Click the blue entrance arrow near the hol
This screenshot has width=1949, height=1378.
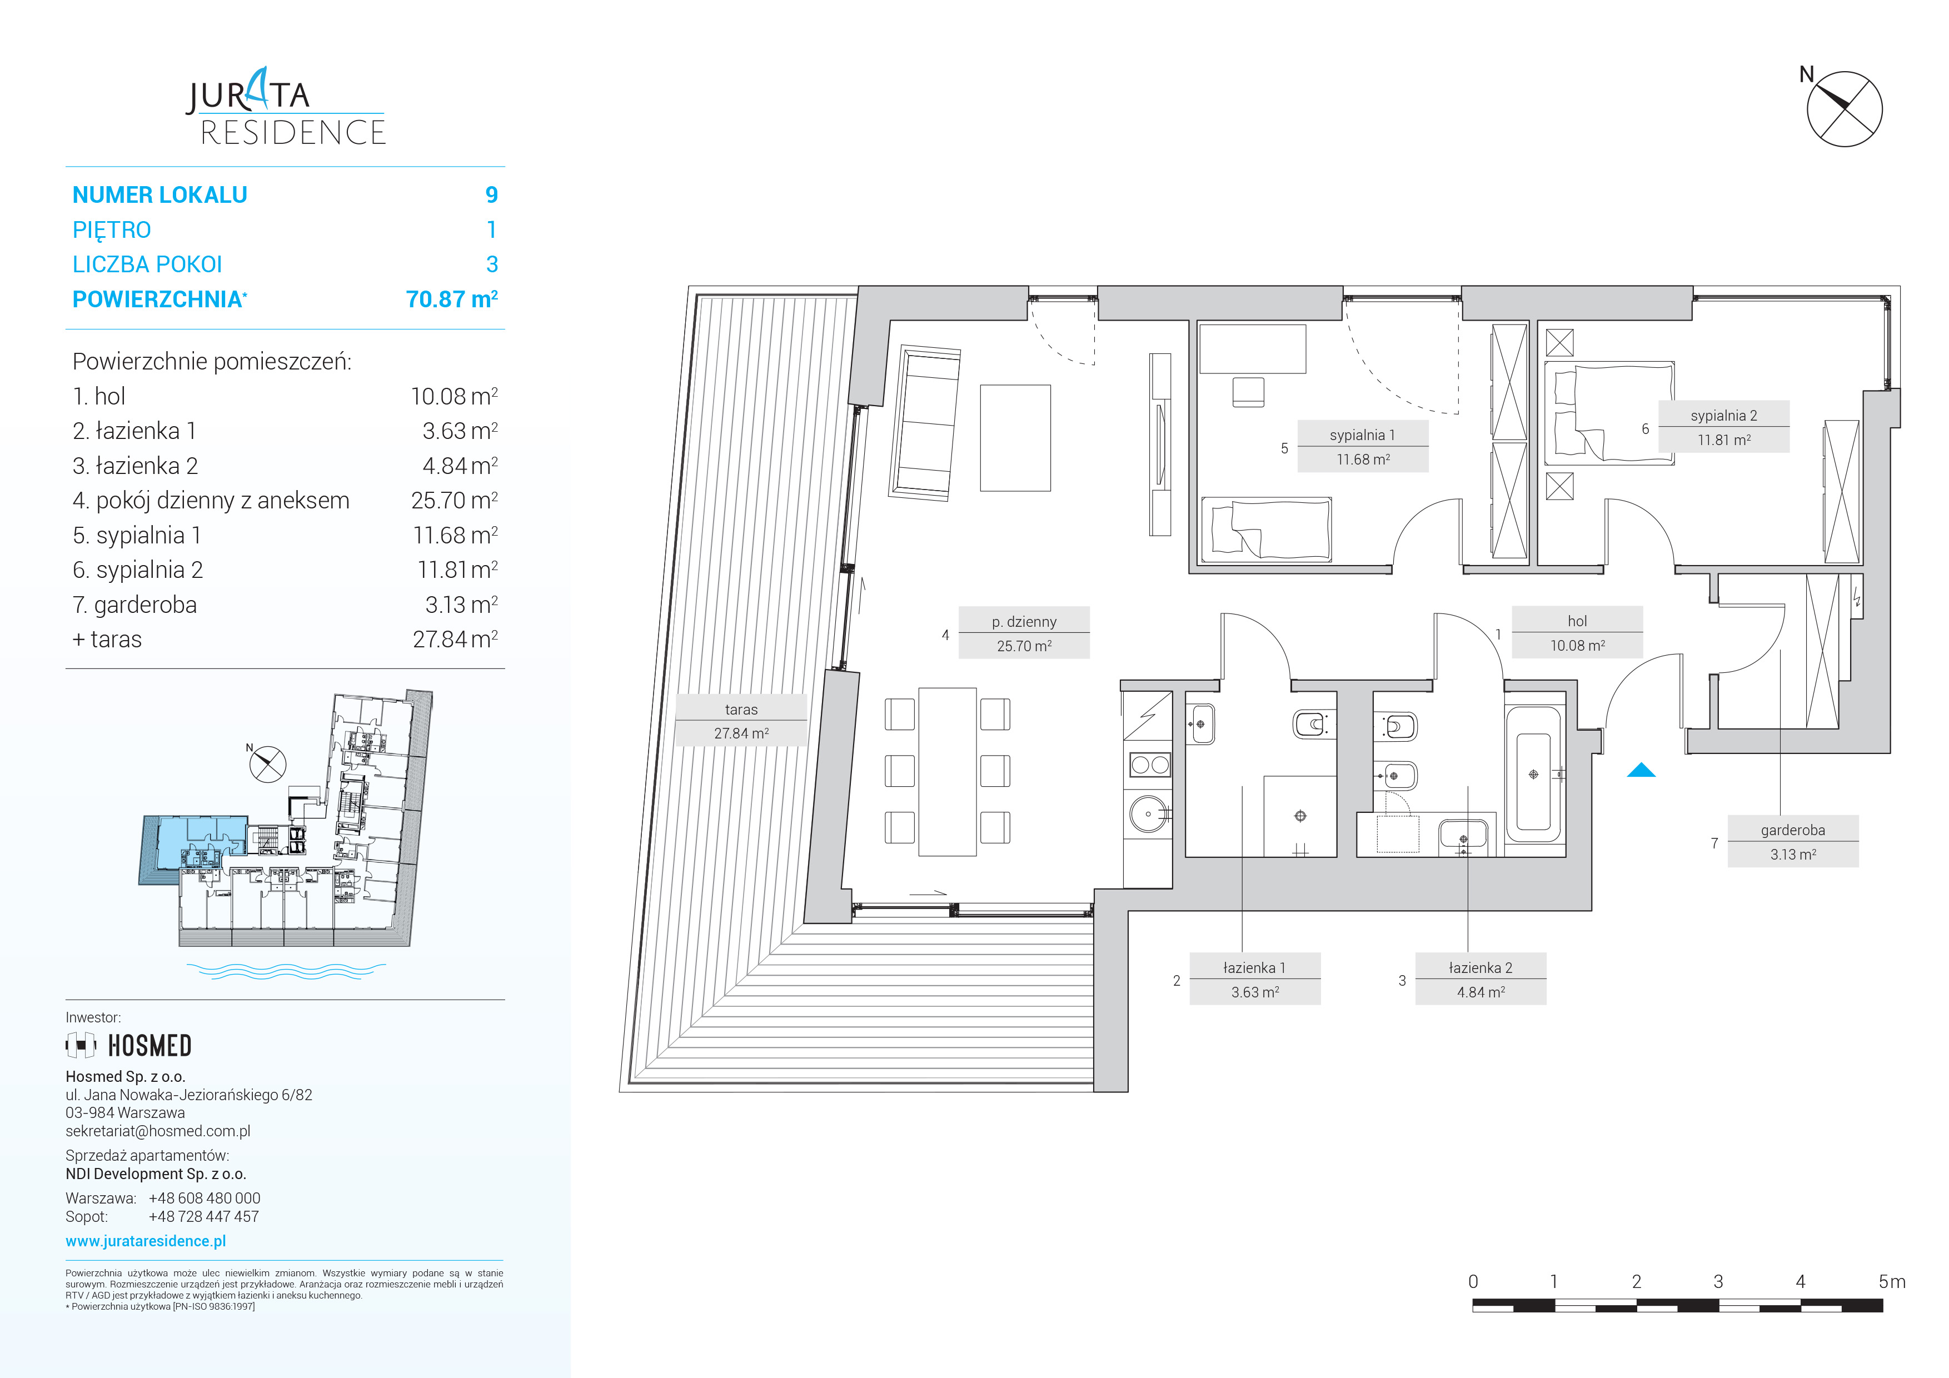click(x=1641, y=771)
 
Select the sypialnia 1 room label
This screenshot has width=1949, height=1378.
click(x=1363, y=446)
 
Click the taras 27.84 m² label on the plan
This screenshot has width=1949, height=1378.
click(x=741, y=721)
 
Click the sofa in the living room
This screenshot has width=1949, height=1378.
click(x=924, y=422)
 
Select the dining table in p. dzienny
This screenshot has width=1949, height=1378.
click(x=948, y=771)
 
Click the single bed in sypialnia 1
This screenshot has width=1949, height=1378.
click(x=1265, y=530)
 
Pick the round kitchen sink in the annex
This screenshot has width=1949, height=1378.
click(x=1149, y=813)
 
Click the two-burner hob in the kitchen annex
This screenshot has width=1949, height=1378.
click(x=1149, y=765)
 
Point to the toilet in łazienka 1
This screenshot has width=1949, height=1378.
click(x=1312, y=724)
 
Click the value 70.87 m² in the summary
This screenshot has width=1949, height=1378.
click(x=452, y=299)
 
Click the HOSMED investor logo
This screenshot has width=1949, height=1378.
click(x=129, y=1045)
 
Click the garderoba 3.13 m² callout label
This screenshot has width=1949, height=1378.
click(x=1793, y=841)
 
